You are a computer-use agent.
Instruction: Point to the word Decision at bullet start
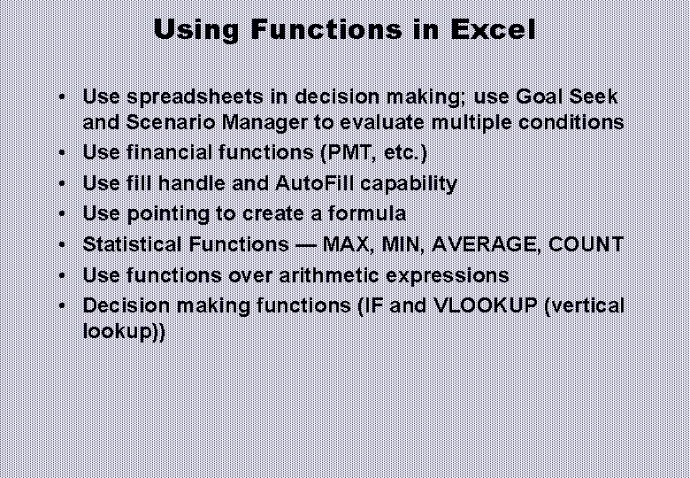point(118,306)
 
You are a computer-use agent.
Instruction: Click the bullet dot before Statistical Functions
point(67,245)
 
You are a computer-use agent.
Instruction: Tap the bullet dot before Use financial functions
point(67,153)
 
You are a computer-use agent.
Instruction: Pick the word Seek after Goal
point(593,96)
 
